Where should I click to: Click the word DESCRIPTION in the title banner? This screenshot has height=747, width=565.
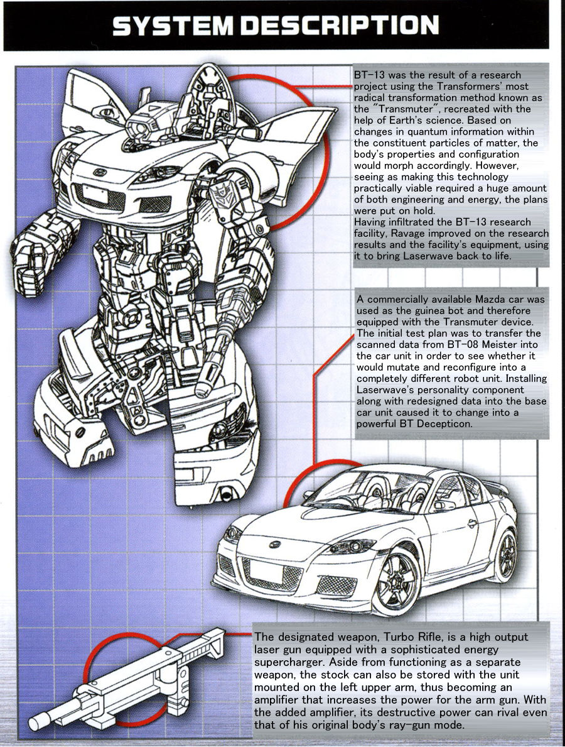(340, 26)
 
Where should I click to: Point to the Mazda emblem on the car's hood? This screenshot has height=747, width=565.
(275, 545)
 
